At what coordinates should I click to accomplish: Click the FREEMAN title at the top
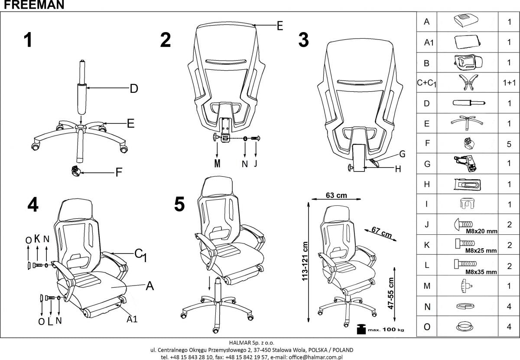32,5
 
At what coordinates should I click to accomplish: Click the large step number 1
28,40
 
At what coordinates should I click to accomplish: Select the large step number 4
32,205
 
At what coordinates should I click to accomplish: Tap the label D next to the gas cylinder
134,89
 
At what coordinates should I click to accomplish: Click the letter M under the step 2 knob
217,164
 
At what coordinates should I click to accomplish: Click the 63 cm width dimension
336,195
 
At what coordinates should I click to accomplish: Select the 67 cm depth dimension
381,233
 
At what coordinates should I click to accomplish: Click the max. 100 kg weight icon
361,329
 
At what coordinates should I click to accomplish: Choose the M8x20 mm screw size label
481,231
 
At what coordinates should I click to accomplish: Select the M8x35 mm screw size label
481,272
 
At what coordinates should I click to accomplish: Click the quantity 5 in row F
509,144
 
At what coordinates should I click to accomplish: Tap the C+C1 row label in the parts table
426,84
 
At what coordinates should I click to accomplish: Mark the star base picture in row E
466,123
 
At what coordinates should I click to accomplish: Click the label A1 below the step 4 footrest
132,320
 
